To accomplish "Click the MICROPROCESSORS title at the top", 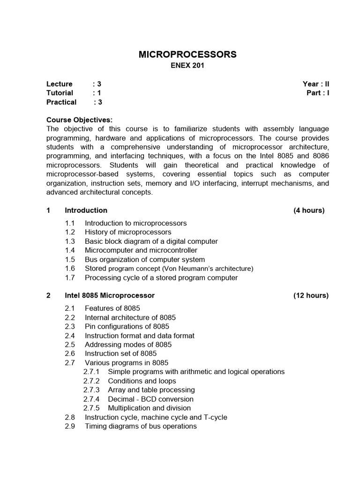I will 187,55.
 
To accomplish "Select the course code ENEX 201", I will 187,66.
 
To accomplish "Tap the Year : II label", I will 316,84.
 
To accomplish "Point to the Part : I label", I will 318,93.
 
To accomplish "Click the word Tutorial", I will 60,93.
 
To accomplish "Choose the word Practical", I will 61,102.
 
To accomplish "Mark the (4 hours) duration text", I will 309,210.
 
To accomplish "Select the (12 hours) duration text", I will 311,295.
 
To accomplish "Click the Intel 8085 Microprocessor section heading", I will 110,295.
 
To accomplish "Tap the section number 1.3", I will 70,241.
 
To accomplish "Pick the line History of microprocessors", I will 128,232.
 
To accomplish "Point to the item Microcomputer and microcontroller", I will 141,250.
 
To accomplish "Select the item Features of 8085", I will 112,308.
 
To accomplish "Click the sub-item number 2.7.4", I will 91,399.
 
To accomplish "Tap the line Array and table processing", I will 151,390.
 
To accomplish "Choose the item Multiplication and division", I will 151,408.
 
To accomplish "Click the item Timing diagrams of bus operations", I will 141,426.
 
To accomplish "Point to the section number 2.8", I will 70,417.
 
